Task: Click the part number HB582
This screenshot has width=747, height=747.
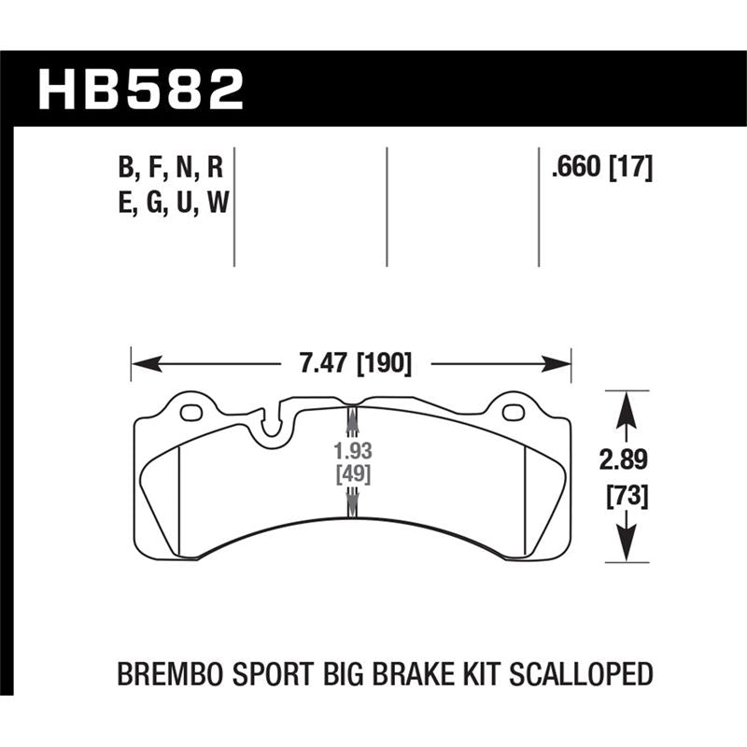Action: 139,90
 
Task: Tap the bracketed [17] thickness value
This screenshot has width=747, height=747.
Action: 629,168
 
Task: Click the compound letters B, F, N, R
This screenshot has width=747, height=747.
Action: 171,169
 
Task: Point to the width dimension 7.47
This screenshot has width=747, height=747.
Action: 320,362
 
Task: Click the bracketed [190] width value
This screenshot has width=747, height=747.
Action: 383,362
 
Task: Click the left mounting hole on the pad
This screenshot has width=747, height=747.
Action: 190,412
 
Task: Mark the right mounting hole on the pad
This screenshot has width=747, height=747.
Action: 512,412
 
